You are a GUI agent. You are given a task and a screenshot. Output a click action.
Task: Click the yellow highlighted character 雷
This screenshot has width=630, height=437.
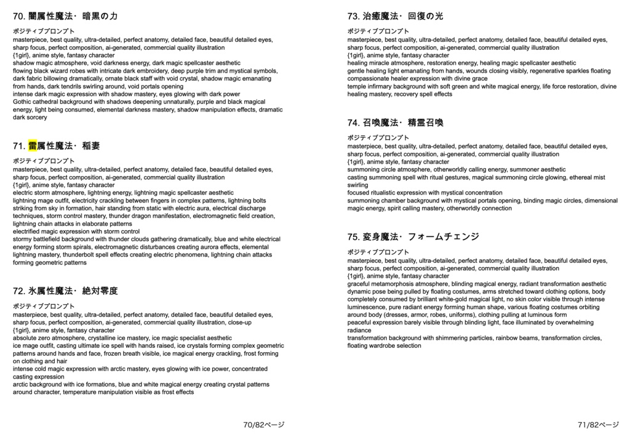[x=33, y=146]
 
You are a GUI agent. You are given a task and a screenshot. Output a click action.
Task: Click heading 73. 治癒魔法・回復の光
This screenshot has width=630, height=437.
[x=395, y=15]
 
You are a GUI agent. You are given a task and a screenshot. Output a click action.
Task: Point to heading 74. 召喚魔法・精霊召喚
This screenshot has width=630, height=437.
[x=395, y=122]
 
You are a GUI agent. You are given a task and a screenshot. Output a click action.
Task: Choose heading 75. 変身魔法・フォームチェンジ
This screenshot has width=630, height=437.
[x=413, y=236]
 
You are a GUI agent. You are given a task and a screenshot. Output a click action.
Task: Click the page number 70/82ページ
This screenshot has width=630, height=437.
[x=264, y=425]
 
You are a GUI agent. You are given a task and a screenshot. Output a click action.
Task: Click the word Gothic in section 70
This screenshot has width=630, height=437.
[x=22, y=102]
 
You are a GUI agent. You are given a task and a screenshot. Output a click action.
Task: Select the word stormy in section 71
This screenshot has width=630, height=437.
[x=23, y=239]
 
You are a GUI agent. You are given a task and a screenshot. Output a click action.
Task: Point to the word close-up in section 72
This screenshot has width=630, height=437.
[x=239, y=322]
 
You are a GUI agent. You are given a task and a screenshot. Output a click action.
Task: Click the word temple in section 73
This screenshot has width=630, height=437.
[x=357, y=87]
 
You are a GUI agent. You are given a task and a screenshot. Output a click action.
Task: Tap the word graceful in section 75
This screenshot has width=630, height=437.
[x=360, y=284]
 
